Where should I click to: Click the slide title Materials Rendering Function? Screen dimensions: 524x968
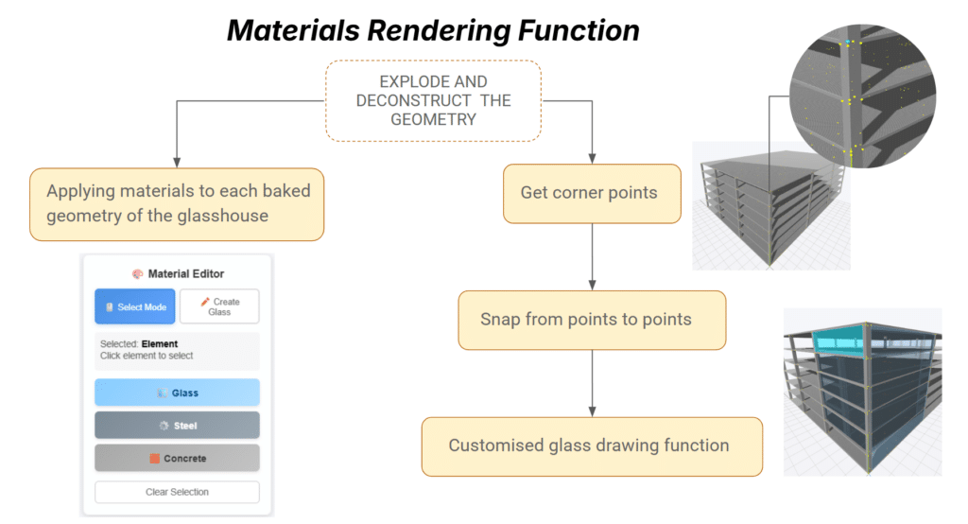click(432, 30)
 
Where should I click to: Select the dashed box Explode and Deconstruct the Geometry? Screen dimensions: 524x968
click(433, 100)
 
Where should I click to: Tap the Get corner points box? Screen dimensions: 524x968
click(591, 194)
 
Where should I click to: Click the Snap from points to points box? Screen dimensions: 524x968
click(592, 320)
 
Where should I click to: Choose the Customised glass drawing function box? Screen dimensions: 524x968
click(592, 445)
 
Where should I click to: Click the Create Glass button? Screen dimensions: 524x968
click(219, 306)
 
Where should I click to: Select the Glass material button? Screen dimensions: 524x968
click(177, 393)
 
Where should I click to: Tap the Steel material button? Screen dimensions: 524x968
click(177, 426)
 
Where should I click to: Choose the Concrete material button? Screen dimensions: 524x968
click(177, 459)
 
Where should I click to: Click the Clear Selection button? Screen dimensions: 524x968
click(177, 492)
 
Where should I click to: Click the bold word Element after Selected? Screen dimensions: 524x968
click(160, 344)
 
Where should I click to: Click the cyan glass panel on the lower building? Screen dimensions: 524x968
click(839, 339)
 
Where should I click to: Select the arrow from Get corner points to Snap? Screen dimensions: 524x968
click(592, 255)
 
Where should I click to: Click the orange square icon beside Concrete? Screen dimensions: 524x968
click(154, 459)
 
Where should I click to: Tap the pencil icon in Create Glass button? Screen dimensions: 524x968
click(205, 302)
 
